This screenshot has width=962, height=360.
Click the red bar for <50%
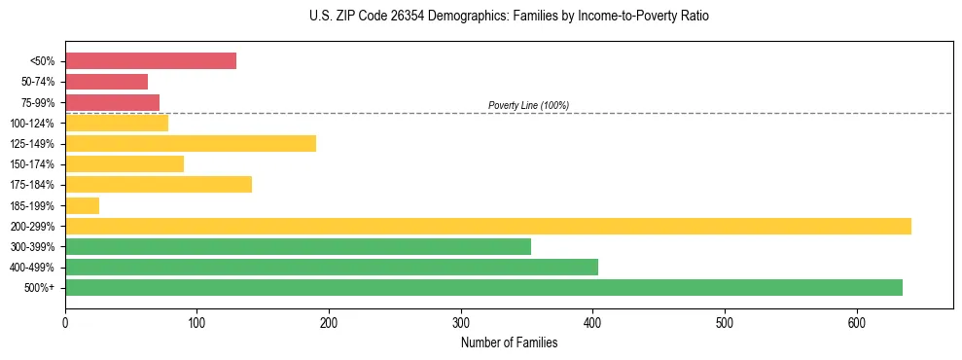click(x=151, y=61)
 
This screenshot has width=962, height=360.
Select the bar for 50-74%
click(x=107, y=82)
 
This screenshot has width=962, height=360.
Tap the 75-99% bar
click(x=113, y=102)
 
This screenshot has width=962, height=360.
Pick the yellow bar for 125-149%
click(x=191, y=144)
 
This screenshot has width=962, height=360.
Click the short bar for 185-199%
click(x=83, y=205)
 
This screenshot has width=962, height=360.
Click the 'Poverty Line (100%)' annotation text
click(x=528, y=105)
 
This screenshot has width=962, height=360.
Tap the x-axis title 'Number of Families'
click(x=509, y=342)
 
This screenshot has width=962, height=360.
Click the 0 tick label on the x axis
click(x=65, y=322)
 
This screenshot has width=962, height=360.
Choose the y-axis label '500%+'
click(x=39, y=288)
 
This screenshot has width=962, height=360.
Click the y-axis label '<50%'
click(x=42, y=61)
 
